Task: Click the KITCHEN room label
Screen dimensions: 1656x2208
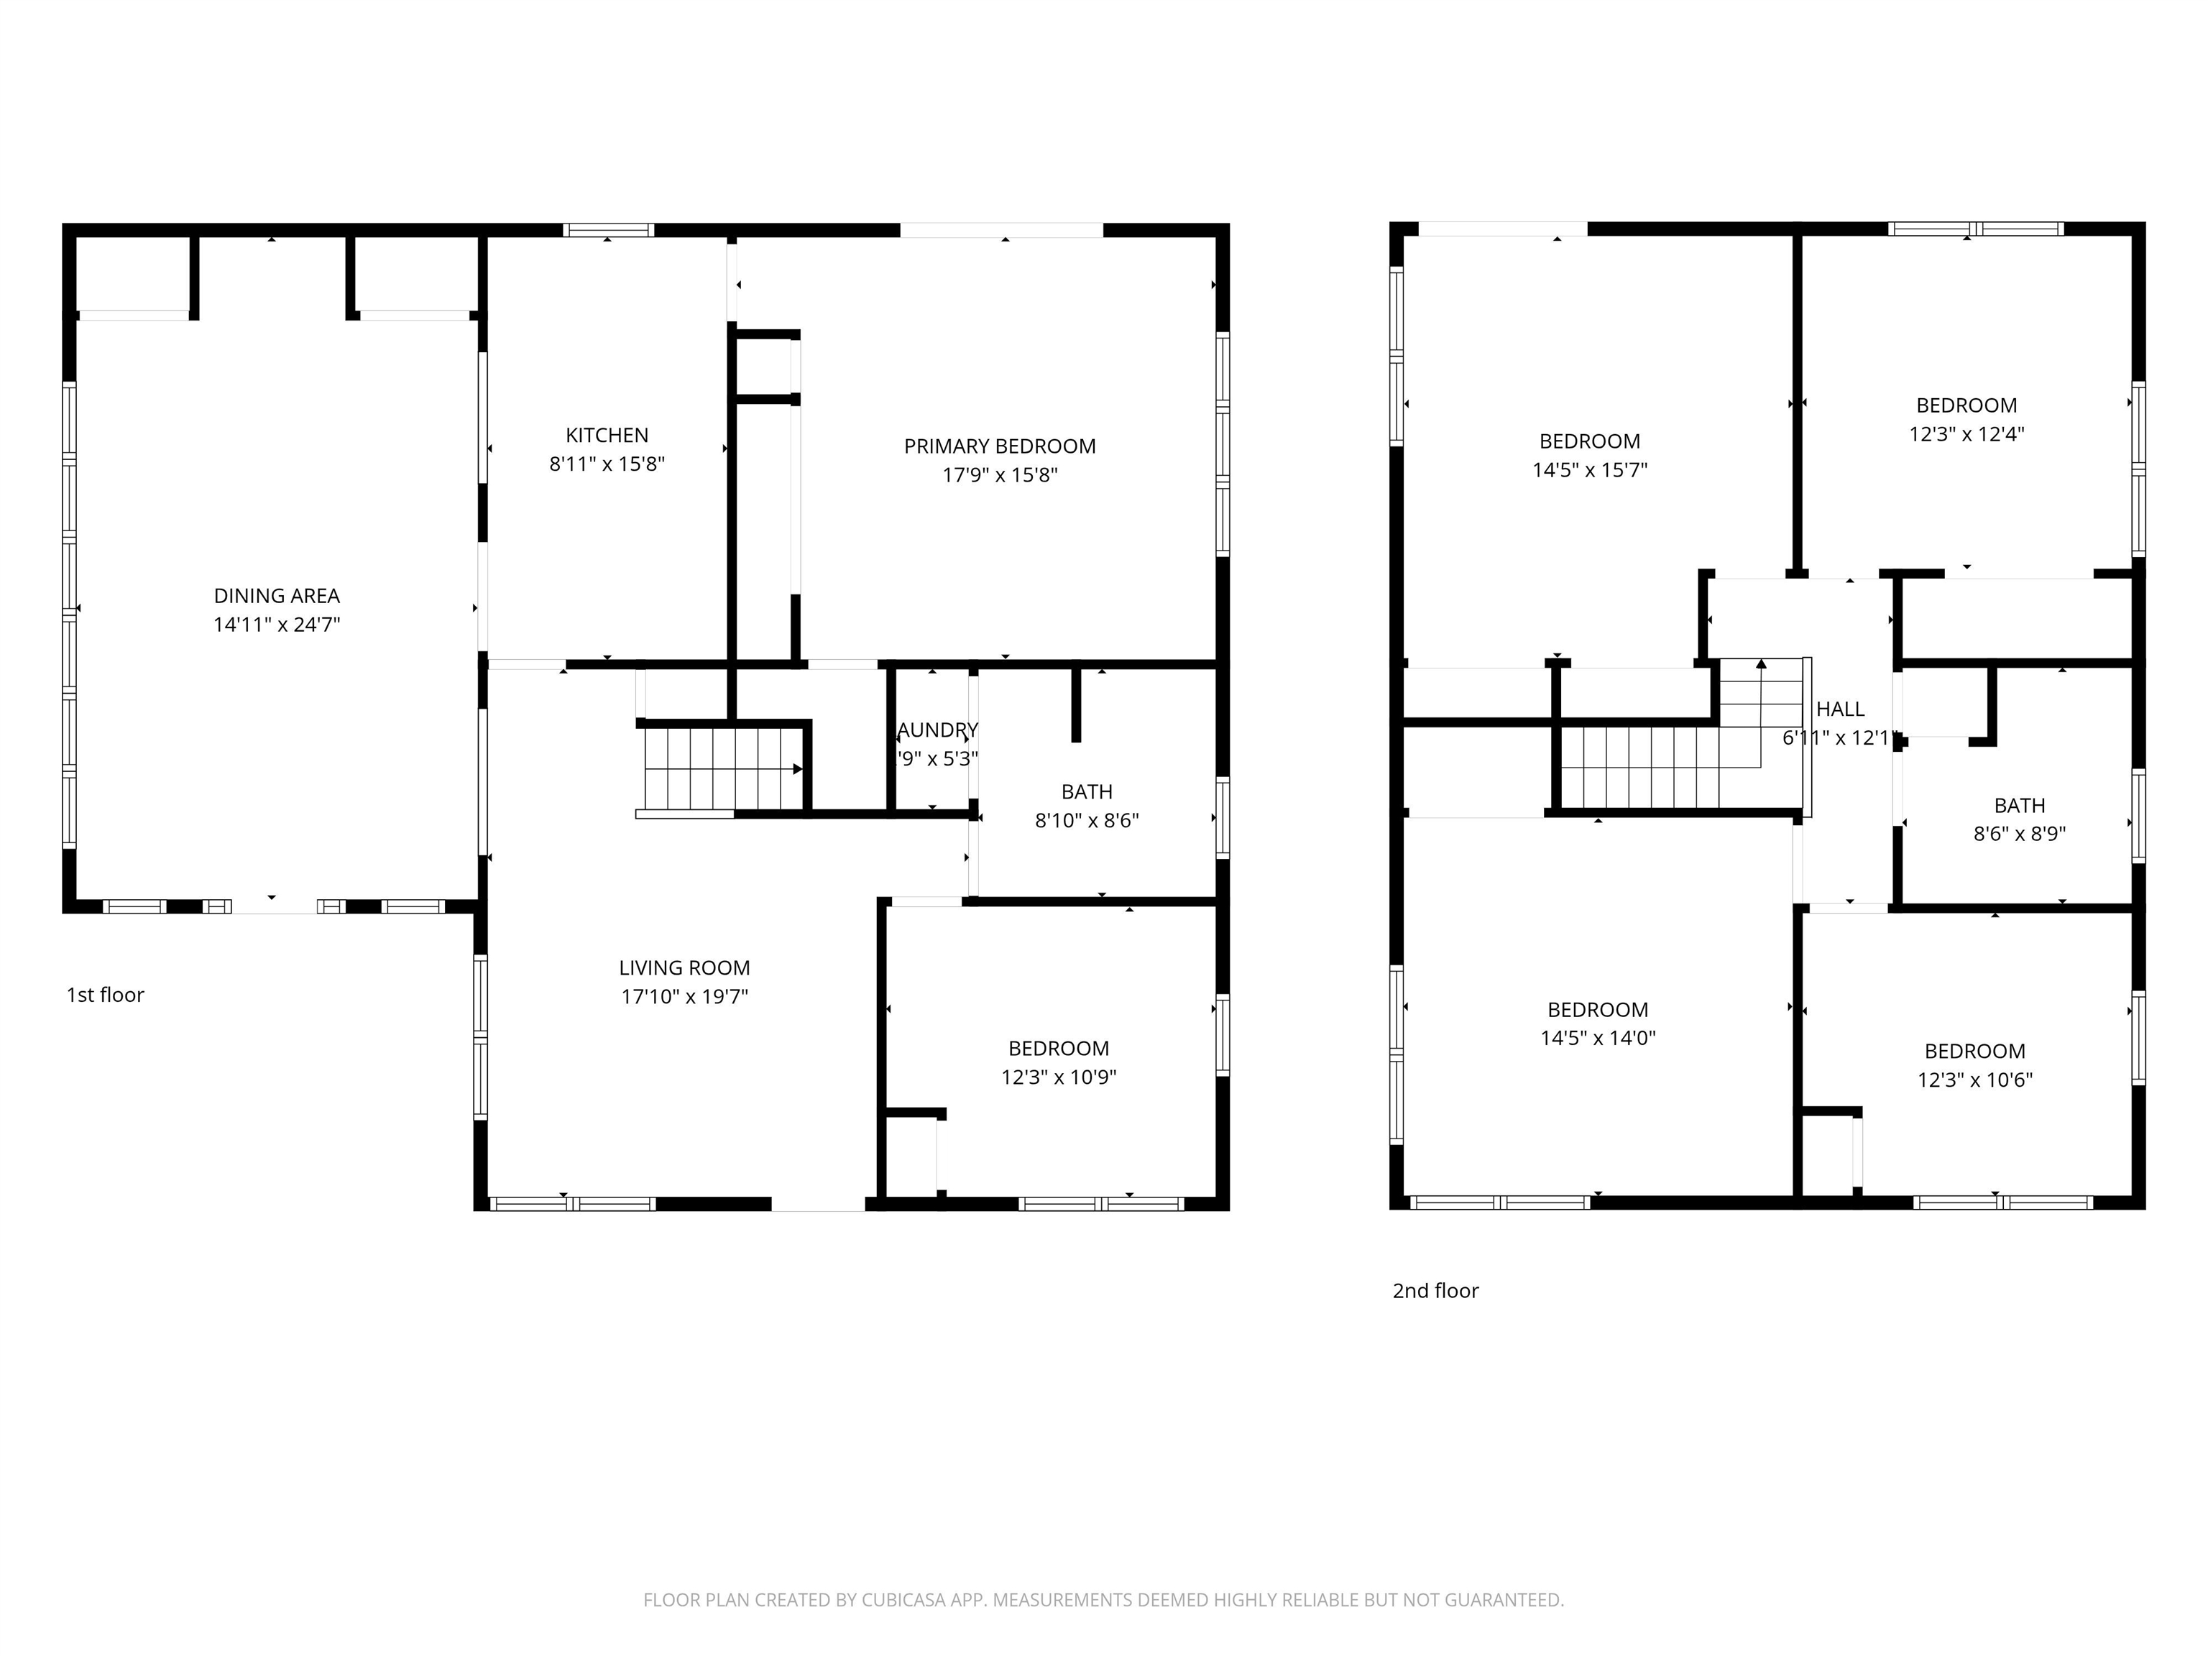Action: (607, 436)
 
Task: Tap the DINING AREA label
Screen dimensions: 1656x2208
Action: (277, 596)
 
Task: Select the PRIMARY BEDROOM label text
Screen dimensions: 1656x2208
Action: (999, 446)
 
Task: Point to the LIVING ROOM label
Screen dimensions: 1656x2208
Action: (684, 967)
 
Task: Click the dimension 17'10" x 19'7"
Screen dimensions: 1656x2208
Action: (684, 996)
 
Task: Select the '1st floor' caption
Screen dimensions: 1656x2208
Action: (105, 995)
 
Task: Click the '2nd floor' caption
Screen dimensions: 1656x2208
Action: (1435, 1291)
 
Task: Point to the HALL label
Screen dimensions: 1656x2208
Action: (1840, 709)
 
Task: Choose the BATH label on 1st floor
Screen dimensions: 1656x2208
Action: (1086, 791)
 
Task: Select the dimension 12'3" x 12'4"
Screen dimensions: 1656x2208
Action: (1966, 434)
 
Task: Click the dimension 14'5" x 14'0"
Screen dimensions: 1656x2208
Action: (1597, 1038)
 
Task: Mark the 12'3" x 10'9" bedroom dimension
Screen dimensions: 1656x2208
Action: (1058, 1077)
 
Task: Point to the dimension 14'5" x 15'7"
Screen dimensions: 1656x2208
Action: (1589, 470)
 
